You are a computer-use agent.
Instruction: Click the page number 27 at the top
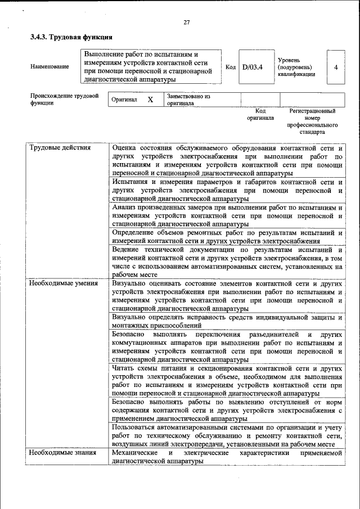[x=187, y=22]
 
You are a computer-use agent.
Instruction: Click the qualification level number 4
[x=336, y=67]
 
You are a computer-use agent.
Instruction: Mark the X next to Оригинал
[x=150, y=100]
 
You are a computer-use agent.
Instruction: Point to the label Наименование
[x=50, y=67]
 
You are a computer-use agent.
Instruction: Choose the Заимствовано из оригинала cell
[x=188, y=100]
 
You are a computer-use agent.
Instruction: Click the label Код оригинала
[x=260, y=115]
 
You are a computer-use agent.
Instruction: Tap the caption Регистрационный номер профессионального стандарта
[x=312, y=121]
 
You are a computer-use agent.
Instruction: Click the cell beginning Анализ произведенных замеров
[x=227, y=215]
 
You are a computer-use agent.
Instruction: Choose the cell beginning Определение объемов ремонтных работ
[x=227, y=236]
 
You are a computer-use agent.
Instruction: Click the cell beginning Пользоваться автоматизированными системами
[x=227, y=436]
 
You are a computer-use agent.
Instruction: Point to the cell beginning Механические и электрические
[x=227, y=457]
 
